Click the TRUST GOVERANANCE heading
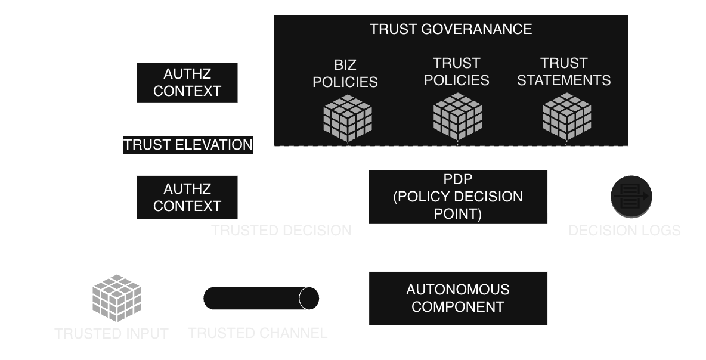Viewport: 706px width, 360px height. (450, 29)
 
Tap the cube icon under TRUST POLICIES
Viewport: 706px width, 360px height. (457, 117)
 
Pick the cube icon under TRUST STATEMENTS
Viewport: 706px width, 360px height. (566, 117)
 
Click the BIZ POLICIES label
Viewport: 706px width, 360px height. (345, 73)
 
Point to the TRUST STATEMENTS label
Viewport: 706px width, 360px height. (563, 72)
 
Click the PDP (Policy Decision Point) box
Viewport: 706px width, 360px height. (457, 197)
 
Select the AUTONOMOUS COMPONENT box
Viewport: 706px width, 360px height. (457, 298)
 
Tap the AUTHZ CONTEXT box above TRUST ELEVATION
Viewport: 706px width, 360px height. (187, 83)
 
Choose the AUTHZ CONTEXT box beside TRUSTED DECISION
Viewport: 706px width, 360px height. (187, 197)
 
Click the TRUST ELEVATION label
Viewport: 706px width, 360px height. (188, 145)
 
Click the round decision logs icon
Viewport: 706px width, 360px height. (631, 197)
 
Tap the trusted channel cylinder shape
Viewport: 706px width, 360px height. (261, 298)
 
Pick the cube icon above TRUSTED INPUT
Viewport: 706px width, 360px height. (116, 297)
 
